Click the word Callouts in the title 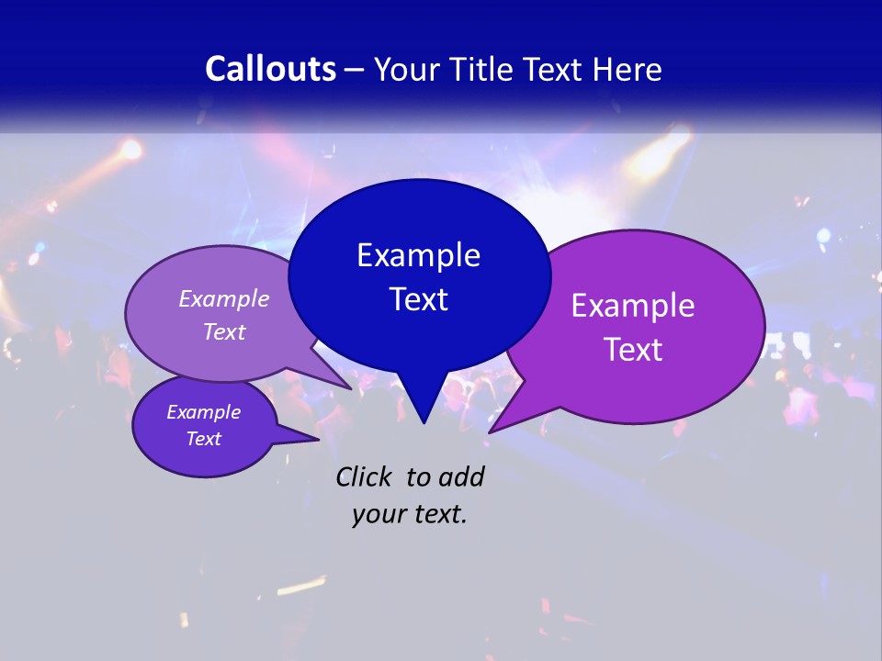pos(271,69)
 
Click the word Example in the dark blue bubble pos(419,255)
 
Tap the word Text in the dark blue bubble pos(419,299)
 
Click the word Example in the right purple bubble pos(633,306)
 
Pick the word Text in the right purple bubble pos(633,350)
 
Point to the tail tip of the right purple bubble pos(491,431)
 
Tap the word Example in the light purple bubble pos(224,298)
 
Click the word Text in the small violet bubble pos(204,439)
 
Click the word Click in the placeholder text pos(366,476)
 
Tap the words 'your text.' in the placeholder pos(410,514)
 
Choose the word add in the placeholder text pos(460,476)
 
